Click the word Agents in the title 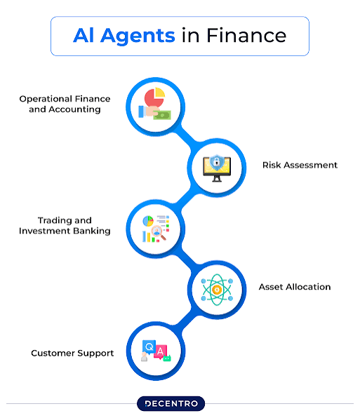coord(138,36)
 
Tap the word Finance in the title coord(246,35)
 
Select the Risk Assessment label coord(300,165)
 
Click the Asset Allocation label coord(295,287)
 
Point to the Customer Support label coord(72,353)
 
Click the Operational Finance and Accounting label coord(65,104)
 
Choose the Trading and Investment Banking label coord(65,226)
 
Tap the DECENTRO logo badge coord(171,403)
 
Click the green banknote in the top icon coord(162,116)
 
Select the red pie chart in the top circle coord(153,98)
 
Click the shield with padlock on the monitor coord(216,162)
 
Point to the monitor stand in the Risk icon coord(217,179)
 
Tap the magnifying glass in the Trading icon coord(159,232)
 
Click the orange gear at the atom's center coord(217,290)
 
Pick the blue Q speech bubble coord(149,347)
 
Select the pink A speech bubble coord(160,351)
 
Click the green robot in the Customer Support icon coord(167,358)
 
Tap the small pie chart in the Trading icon coord(148,221)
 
